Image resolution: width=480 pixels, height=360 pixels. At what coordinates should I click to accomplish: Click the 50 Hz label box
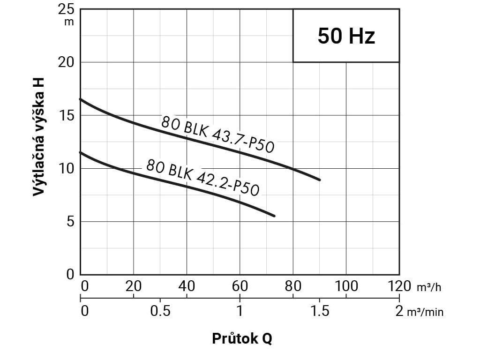click(x=346, y=36)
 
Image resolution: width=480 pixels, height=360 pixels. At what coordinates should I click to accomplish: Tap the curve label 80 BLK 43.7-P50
click(x=217, y=134)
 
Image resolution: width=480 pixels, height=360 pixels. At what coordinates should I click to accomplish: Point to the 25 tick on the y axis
click(x=67, y=9)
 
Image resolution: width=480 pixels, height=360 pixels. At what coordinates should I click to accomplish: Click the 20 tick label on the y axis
click(x=67, y=62)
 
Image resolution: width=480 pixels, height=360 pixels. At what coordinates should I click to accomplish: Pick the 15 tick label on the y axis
click(x=67, y=115)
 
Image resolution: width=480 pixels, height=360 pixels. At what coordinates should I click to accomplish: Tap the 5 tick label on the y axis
click(x=70, y=221)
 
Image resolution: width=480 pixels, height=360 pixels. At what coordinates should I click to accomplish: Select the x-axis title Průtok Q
click(x=242, y=338)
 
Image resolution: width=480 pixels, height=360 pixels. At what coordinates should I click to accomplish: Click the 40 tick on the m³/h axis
click(x=187, y=285)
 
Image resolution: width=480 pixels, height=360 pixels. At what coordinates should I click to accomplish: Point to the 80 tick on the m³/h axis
click(x=293, y=285)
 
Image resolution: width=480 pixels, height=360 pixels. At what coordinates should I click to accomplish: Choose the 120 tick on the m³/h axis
click(x=398, y=285)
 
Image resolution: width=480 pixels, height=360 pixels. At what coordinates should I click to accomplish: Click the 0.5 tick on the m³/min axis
click(x=160, y=311)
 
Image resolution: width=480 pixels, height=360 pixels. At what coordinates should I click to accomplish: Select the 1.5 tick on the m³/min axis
click(x=319, y=311)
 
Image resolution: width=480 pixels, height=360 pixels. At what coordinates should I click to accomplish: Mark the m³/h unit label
click(x=429, y=287)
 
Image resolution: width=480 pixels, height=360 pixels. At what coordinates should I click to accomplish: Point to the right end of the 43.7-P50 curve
click(x=320, y=180)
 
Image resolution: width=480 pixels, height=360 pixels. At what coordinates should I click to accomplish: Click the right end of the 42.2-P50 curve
click(x=274, y=216)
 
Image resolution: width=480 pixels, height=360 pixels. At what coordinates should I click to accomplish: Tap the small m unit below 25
click(x=69, y=22)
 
